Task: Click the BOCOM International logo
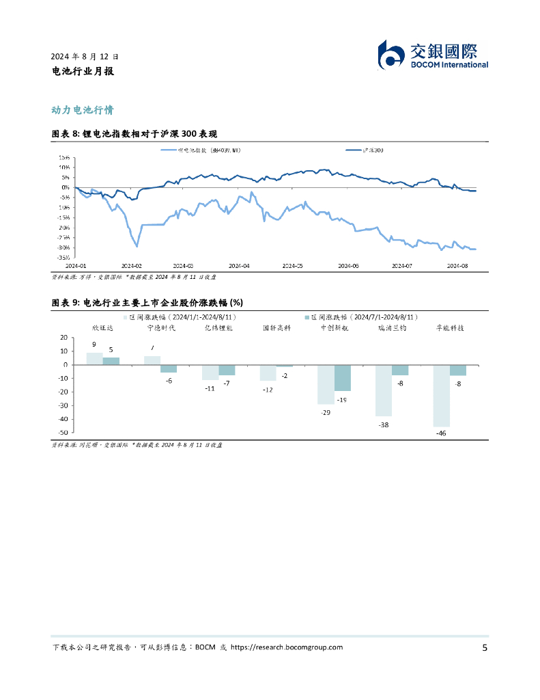pyautogui.click(x=433, y=55)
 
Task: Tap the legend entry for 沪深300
pyautogui.click(x=365, y=149)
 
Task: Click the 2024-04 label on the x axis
pyautogui.click(x=238, y=266)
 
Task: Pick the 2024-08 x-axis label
pyautogui.click(x=456, y=266)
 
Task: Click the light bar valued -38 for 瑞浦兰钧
pyautogui.click(x=384, y=390)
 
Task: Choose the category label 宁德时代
pyautogui.click(x=161, y=328)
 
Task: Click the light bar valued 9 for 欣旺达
pyautogui.click(x=94, y=359)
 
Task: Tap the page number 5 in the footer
pyautogui.click(x=484, y=648)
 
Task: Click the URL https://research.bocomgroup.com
pyautogui.click(x=287, y=647)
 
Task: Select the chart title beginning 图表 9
pyautogui.click(x=147, y=302)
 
